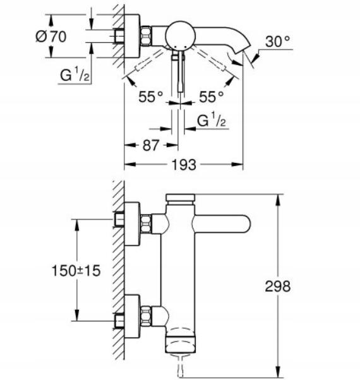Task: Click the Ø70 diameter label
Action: point(51,36)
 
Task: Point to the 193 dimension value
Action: point(184,165)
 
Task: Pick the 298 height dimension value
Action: point(278,286)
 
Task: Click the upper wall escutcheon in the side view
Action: point(132,223)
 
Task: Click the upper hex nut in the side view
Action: point(146,223)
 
